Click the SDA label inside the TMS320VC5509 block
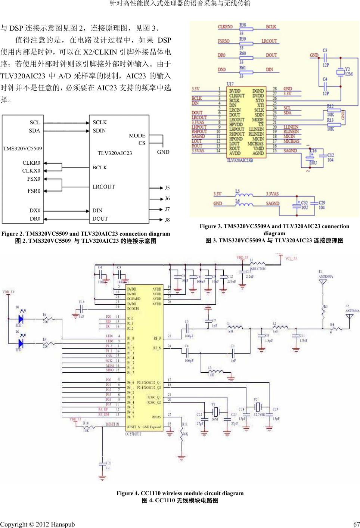pos(34,131)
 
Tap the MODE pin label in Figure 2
pos(137,136)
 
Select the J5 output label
pos(167,187)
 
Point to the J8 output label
pos(167,220)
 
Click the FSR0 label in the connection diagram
pos(34,191)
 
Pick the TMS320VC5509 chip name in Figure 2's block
pos(22,148)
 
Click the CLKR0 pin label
pos(31,163)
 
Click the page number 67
pos(356,524)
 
